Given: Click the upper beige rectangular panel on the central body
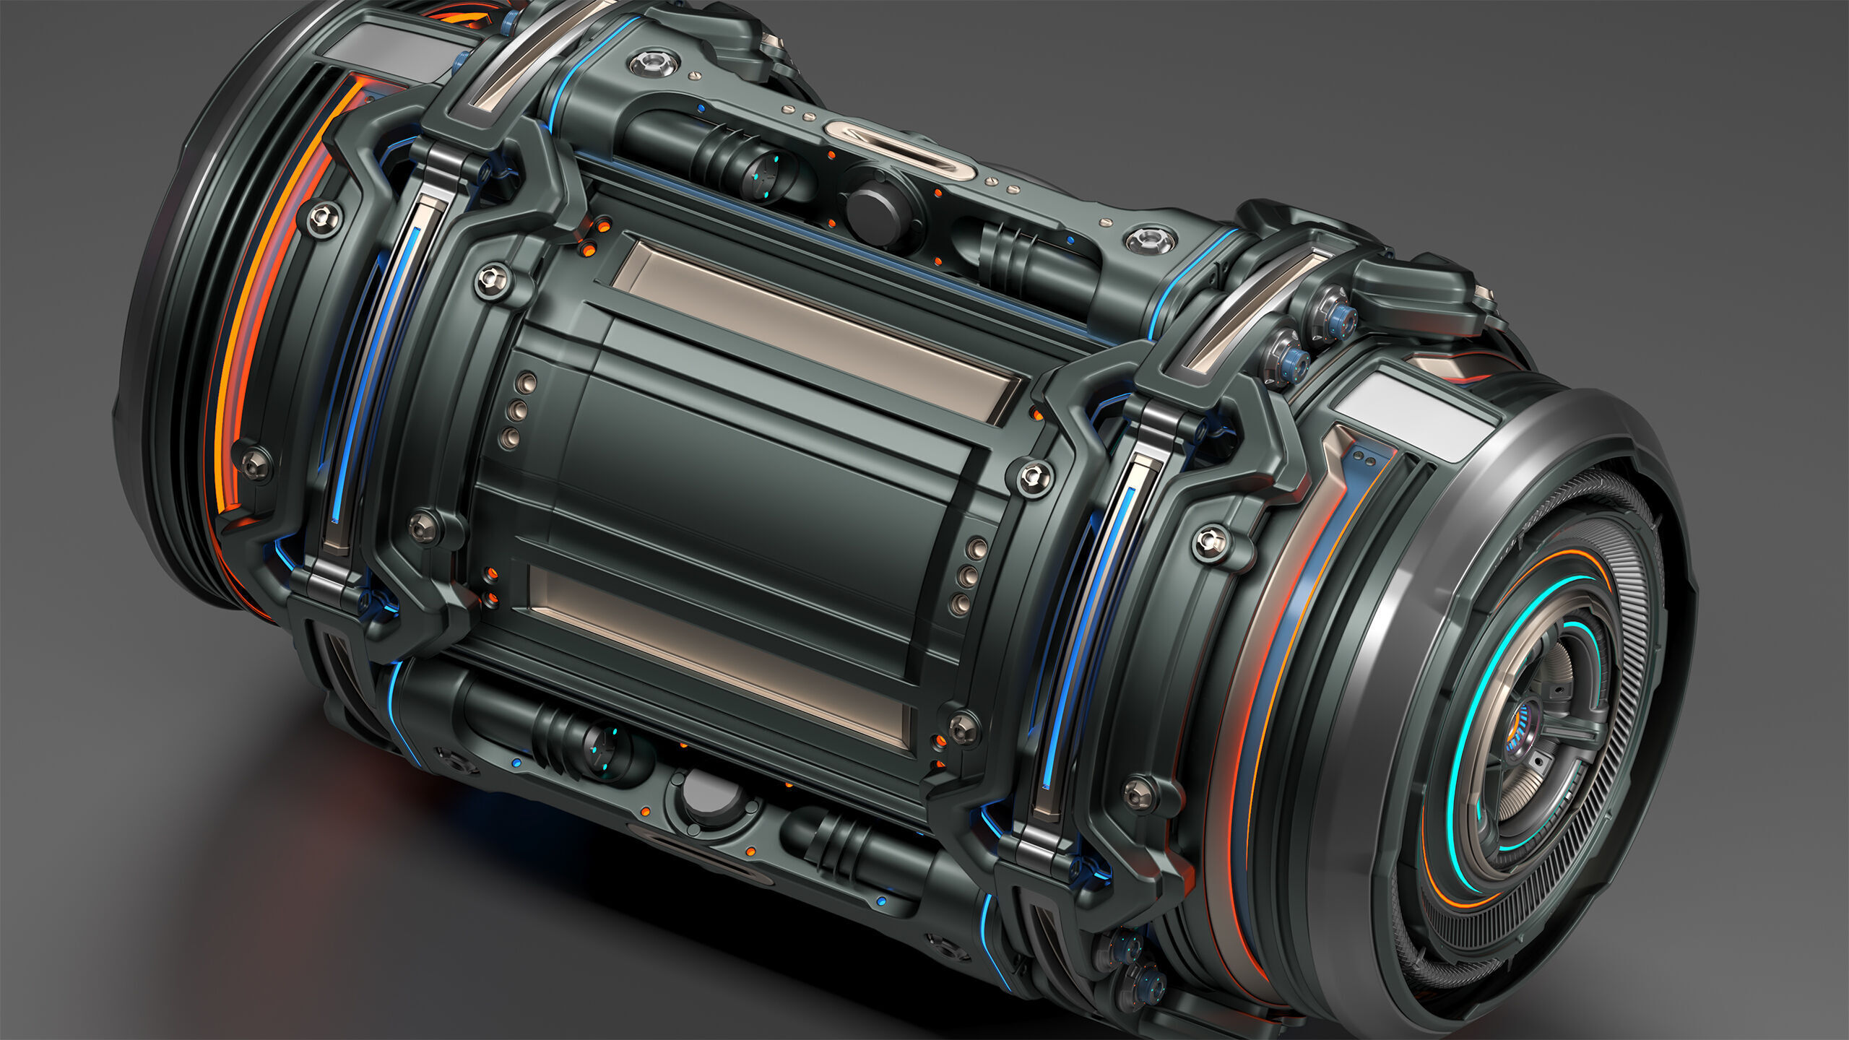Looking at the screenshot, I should [816, 332].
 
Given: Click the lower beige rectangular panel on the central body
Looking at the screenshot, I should [719, 654].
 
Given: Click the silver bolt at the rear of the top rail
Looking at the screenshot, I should [654, 63].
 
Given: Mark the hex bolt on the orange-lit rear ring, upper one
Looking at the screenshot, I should [324, 217].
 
